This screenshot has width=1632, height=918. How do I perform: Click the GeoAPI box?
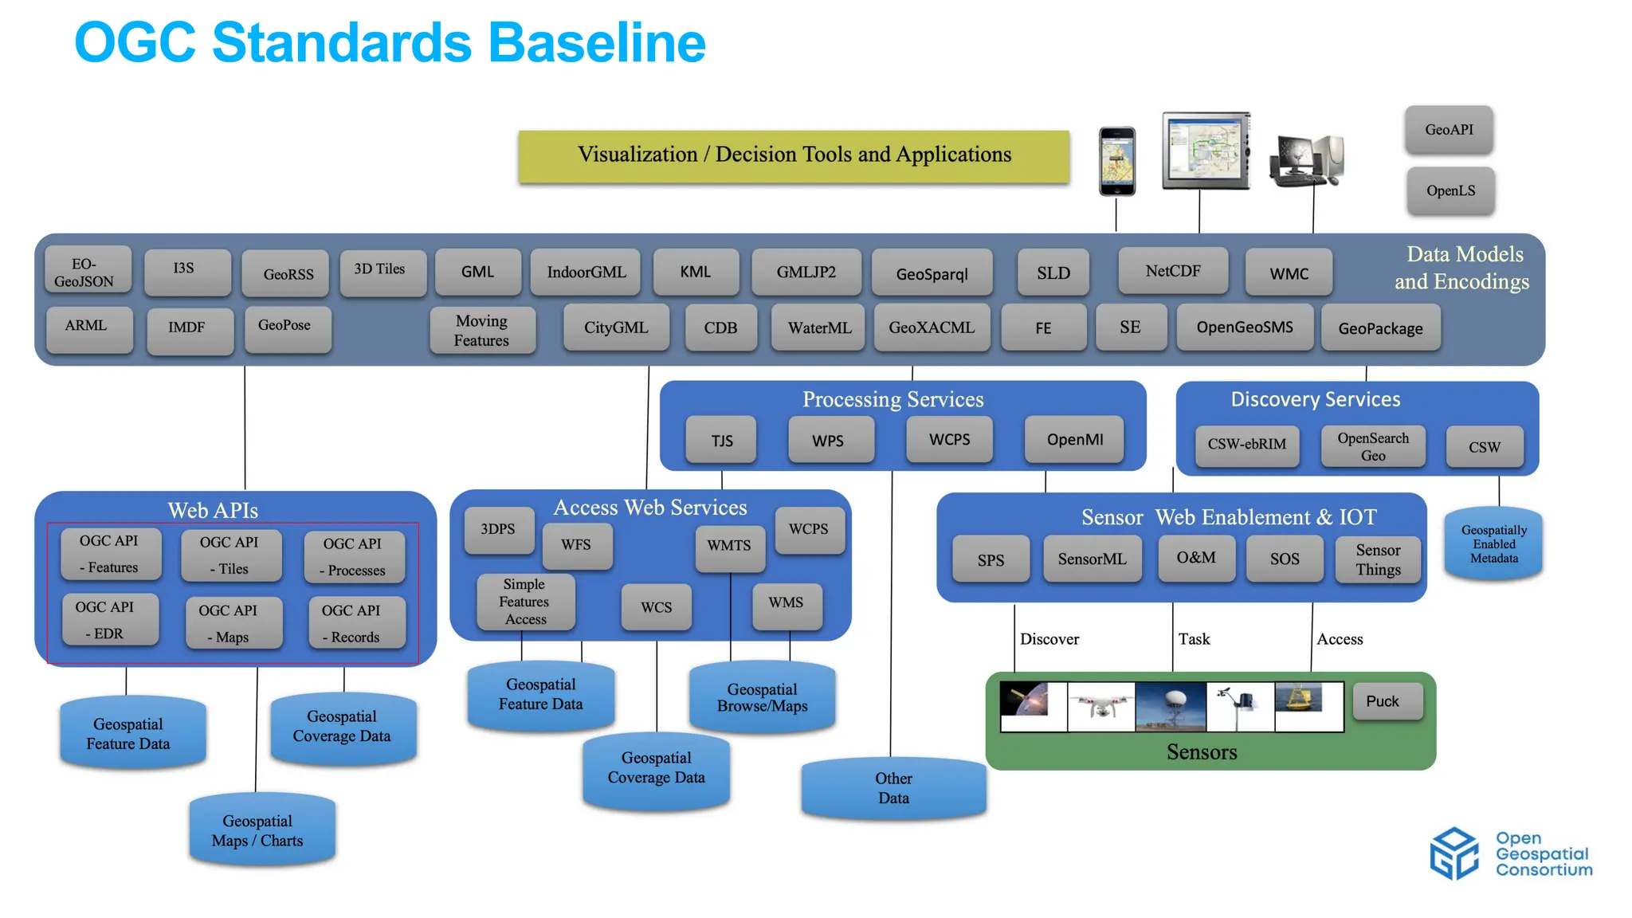click(x=1449, y=129)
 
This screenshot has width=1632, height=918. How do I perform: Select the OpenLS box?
click(x=1450, y=190)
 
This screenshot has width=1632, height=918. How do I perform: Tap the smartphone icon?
click(x=1116, y=160)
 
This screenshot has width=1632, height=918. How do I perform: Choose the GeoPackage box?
click(x=1380, y=328)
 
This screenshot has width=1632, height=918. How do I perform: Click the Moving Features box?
click(x=481, y=330)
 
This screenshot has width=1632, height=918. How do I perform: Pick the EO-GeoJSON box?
click(x=84, y=272)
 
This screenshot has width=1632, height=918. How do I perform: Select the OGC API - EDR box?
click(x=108, y=619)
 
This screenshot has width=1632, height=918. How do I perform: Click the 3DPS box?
click(x=498, y=529)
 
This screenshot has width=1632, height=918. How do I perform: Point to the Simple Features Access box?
click(x=525, y=602)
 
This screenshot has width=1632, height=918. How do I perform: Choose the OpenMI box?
click(x=1074, y=440)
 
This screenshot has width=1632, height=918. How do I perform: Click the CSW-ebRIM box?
click(x=1246, y=445)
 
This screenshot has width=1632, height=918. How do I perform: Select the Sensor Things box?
click(x=1378, y=559)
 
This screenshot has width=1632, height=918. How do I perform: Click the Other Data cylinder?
click(x=893, y=788)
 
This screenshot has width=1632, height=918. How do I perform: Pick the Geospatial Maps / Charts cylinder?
click(x=258, y=830)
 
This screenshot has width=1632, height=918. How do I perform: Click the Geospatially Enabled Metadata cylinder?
click(x=1493, y=543)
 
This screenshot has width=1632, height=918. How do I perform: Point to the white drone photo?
click(x=1100, y=707)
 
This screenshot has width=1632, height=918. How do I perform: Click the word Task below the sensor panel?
click(x=1194, y=639)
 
